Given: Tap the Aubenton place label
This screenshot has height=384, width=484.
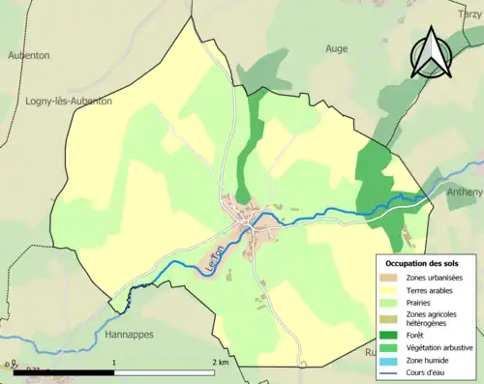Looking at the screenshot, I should coord(28,56).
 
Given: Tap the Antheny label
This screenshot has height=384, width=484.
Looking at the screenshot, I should coord(466,192).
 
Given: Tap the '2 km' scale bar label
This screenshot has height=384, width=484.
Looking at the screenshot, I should coord(221,362).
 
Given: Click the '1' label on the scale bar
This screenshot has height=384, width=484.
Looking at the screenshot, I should coord(115,362).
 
